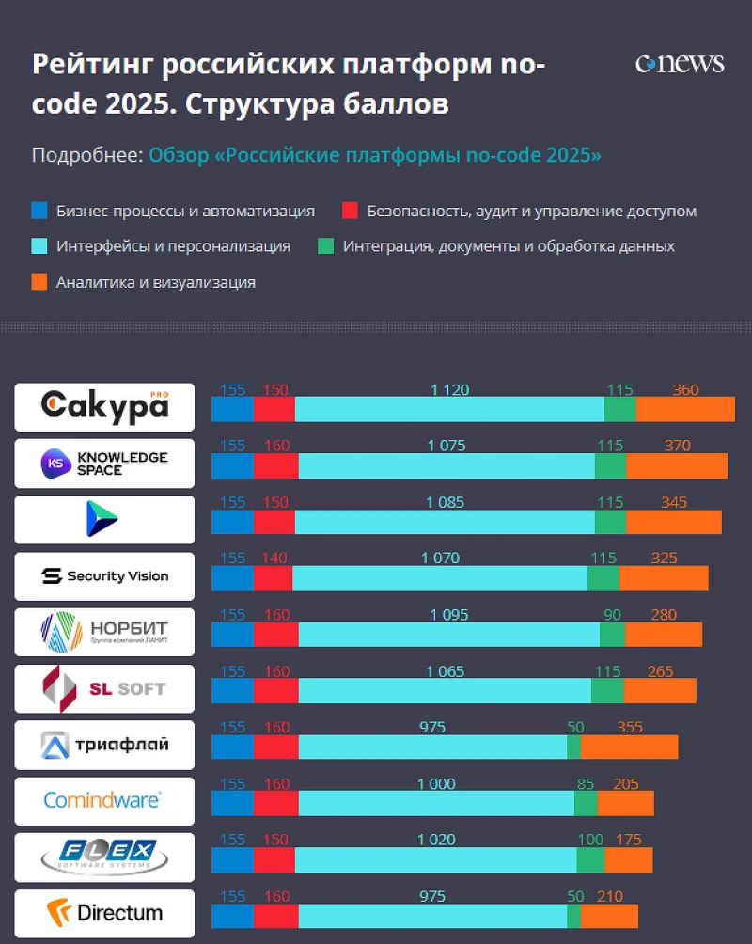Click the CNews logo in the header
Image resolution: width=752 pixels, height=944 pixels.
click(680, 63)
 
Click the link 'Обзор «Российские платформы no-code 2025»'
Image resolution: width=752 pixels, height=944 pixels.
click(375, 155)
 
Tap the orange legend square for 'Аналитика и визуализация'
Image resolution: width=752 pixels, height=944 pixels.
click(39, 282)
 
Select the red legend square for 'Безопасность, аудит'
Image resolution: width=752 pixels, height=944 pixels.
click(350, 211)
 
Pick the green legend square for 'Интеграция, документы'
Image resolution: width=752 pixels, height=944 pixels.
click(325, 246)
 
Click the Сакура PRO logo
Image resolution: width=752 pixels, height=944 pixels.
click(104, 406)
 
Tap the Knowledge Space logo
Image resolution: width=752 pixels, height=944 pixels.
click(104, 463)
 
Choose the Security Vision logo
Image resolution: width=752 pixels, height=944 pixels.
click(104, 575)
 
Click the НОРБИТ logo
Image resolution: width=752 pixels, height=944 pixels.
click(104, 632)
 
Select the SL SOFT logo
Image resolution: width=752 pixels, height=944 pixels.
click(104, 688)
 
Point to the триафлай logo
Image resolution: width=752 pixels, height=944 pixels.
click(104, 745)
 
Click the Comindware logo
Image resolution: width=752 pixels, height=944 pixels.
click(104, 800)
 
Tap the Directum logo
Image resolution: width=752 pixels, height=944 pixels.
click(104, 912)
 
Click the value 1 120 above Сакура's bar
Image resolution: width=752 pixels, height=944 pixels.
click(449, 390)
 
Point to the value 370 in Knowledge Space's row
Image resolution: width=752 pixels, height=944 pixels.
click(677, 446)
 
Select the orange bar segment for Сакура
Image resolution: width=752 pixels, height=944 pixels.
click(685, 410)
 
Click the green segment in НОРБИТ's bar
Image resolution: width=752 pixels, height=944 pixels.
click(612, 635)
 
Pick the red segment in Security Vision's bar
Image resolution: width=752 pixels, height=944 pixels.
click(273, 578)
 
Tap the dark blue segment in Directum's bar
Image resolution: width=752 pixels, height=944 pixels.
click(232, 916)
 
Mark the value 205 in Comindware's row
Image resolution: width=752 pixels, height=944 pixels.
click(625, 783)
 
